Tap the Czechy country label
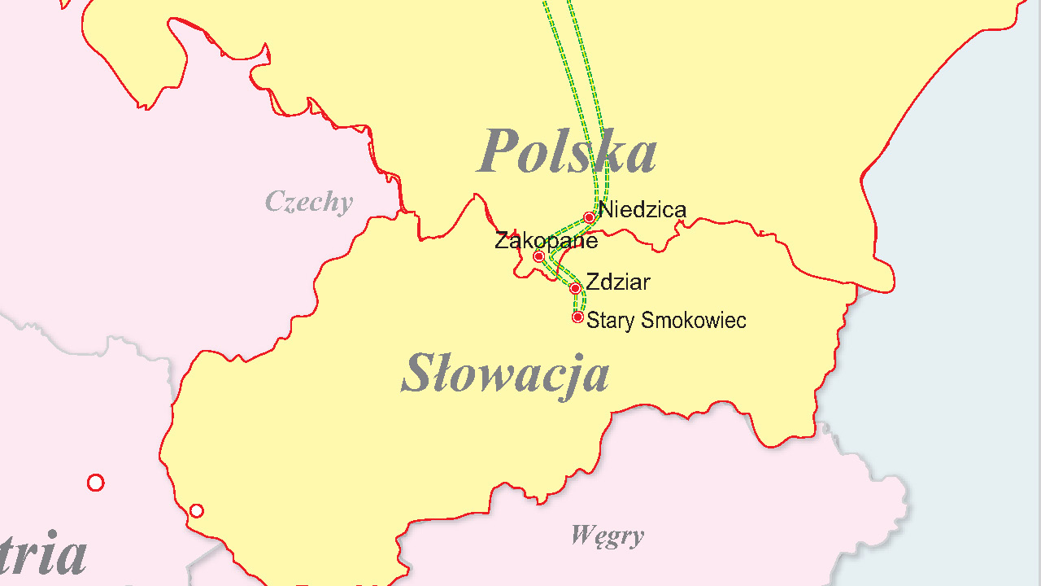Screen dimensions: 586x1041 click(x=309, y=202)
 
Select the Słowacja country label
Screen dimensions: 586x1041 click(x=505, y=374)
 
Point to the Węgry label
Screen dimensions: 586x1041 click(x=607, y=536)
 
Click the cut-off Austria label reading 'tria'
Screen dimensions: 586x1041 click(x=44, y=554)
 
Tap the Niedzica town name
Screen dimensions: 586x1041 click(x=642, y=210)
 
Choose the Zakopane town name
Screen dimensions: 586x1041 click(x=546, y=241)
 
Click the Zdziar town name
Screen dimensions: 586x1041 click(x=618, y=282)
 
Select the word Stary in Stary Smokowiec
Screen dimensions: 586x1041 click(x=611, y=321)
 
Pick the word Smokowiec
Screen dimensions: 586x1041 click(x=694, y=321)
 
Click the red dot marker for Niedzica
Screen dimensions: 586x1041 click(x=589, y=217)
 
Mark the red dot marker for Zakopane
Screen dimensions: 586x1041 click(x=538, y=256)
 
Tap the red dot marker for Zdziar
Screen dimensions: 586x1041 click(x=575, y=288)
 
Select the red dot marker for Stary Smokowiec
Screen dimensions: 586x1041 click(x=577, y=317)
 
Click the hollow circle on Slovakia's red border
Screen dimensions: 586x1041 click(x=196, y=510)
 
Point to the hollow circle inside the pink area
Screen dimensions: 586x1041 click(x=95, y=483)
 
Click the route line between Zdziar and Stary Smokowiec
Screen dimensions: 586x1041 click(x=577, y=303)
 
